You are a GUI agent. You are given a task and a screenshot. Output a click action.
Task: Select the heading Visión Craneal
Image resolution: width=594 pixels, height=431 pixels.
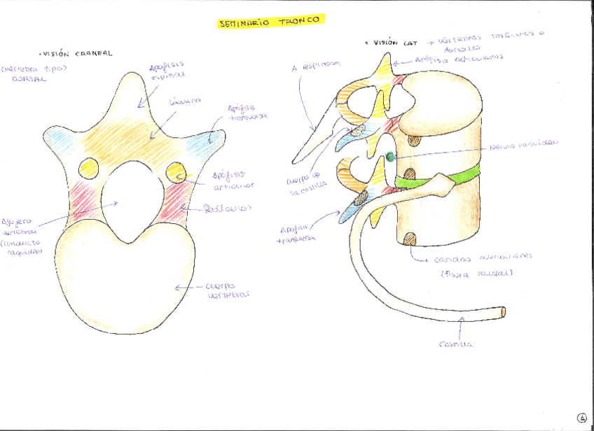[76, 53]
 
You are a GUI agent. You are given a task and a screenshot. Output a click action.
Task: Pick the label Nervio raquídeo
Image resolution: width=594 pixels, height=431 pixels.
[524, 142]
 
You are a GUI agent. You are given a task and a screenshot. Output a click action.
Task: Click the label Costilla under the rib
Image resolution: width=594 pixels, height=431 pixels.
[456, 344]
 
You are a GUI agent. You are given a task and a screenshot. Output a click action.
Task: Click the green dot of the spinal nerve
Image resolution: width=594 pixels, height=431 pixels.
[390, 157]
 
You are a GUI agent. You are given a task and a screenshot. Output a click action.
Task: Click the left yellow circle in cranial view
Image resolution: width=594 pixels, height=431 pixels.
[89, 168]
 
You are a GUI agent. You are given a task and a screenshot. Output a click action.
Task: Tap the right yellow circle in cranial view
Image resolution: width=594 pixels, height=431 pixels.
[175, 169]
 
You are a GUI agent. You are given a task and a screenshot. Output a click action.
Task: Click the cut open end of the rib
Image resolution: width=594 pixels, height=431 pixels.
[504, 311]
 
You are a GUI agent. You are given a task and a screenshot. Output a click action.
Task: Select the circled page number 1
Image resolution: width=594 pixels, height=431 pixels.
[581, 418]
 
